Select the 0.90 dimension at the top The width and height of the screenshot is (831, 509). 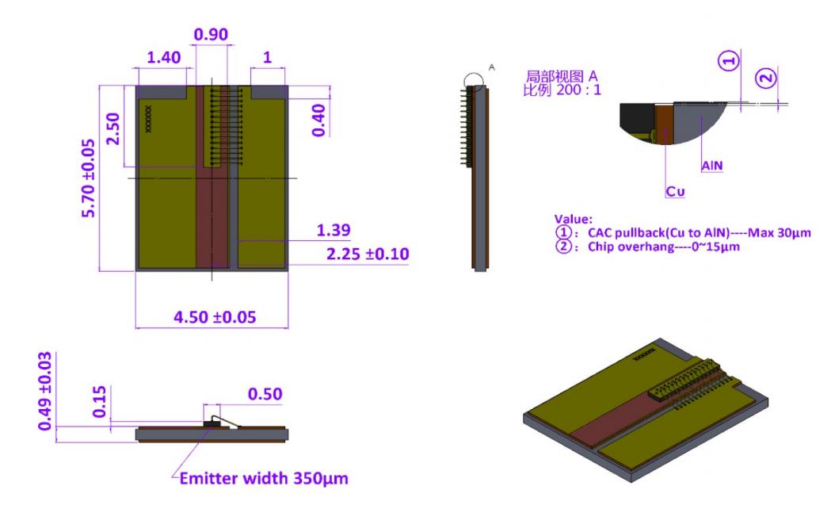coord(212,35)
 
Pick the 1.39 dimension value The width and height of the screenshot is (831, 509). coord(334,231)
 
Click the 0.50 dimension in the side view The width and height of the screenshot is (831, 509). coord(265,394)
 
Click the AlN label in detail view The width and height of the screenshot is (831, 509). coord(711,166)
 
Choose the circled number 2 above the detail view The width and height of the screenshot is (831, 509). coord(765,78)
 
